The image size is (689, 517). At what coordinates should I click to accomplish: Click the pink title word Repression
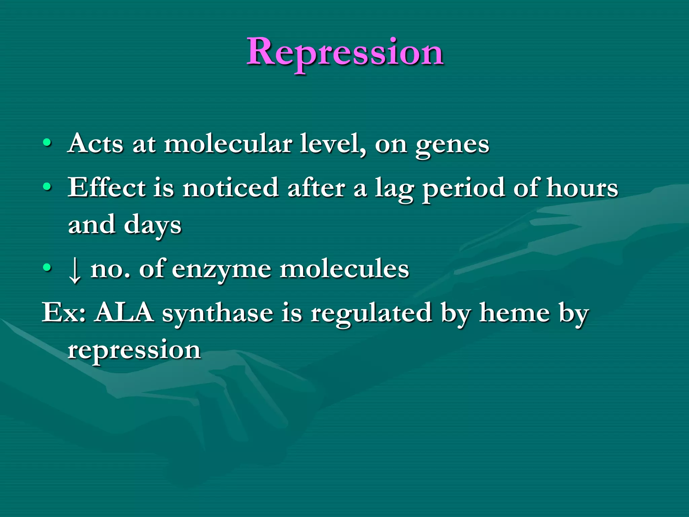pos(345,53)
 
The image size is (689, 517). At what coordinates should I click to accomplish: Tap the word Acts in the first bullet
pos(96,144)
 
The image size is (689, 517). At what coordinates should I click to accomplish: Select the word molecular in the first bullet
pos(228,144)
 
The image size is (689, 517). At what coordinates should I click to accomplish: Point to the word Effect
pos(107,188)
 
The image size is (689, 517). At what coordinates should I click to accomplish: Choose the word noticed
pos(230,188)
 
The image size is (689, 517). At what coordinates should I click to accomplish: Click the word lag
pos(394,189)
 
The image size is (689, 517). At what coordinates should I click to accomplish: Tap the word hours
pos(582,188)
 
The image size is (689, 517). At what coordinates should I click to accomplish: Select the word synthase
pos(217,314)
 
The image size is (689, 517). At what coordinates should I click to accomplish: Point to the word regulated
pos(371,314)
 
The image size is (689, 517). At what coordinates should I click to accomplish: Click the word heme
pos(515,313)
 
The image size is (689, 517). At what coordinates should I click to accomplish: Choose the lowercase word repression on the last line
pos(134,351)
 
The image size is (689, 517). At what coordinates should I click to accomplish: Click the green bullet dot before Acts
pos(47,143)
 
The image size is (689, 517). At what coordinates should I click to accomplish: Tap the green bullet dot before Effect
pos(47,187)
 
